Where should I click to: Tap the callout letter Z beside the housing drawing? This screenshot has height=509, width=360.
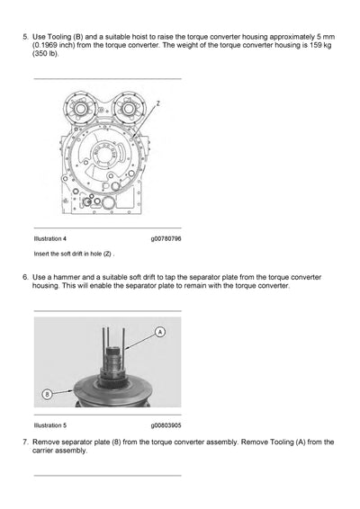coord(157,104)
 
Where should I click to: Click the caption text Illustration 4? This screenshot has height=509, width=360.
coord(49,239)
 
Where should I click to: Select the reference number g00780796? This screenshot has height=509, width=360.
coord(166,239)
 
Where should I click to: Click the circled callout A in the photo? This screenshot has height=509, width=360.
coord(160,333)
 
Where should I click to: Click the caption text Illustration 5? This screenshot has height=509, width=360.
coord(49,425)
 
